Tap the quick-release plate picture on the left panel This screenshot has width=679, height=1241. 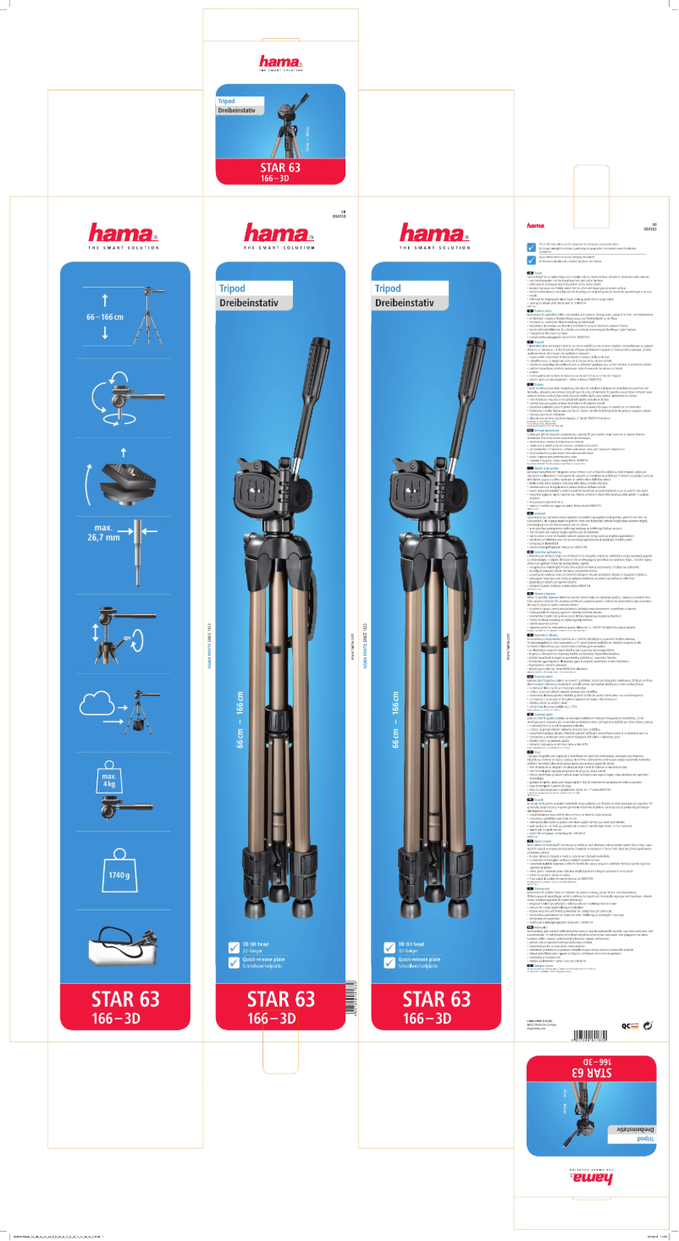pos(127,464)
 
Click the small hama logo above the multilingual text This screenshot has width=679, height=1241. pos(535,226)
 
